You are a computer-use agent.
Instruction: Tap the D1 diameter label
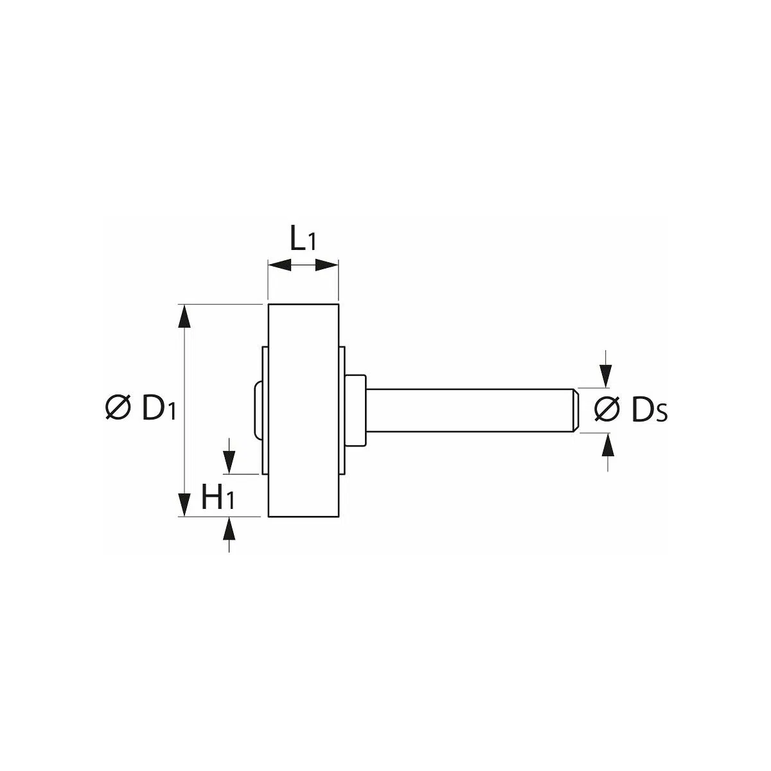pos(159,408)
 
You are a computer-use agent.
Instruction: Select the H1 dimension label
pos(218,499)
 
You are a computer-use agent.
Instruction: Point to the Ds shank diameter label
pos(650,410)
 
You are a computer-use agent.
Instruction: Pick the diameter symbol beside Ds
pos(607,409)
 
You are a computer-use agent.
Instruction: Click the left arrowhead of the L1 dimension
pos(279,265)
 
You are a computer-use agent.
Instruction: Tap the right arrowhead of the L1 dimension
pos(327,265)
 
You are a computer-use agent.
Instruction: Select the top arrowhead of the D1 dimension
pos(184,316)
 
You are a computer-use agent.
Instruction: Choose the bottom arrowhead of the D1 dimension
pos(184,505)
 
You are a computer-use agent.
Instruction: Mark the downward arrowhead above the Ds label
pos(607,377)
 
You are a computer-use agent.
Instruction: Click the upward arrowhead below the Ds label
pos(608,445)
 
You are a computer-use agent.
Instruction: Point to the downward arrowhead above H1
pos(229,463)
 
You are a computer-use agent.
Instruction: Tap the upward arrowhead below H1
pos(229,529)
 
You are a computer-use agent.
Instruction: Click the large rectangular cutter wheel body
pos(303,411)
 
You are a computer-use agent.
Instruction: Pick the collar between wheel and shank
pos(356,410)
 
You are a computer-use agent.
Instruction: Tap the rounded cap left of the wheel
pos(258,410)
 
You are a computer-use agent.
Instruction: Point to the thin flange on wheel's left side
pos(265,410)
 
